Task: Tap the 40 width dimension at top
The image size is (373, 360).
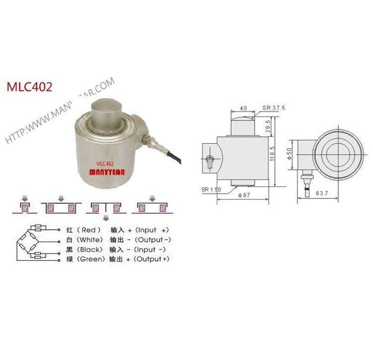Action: (x=243, y=108)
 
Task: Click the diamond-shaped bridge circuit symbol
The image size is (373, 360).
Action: (x=31, y=244)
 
